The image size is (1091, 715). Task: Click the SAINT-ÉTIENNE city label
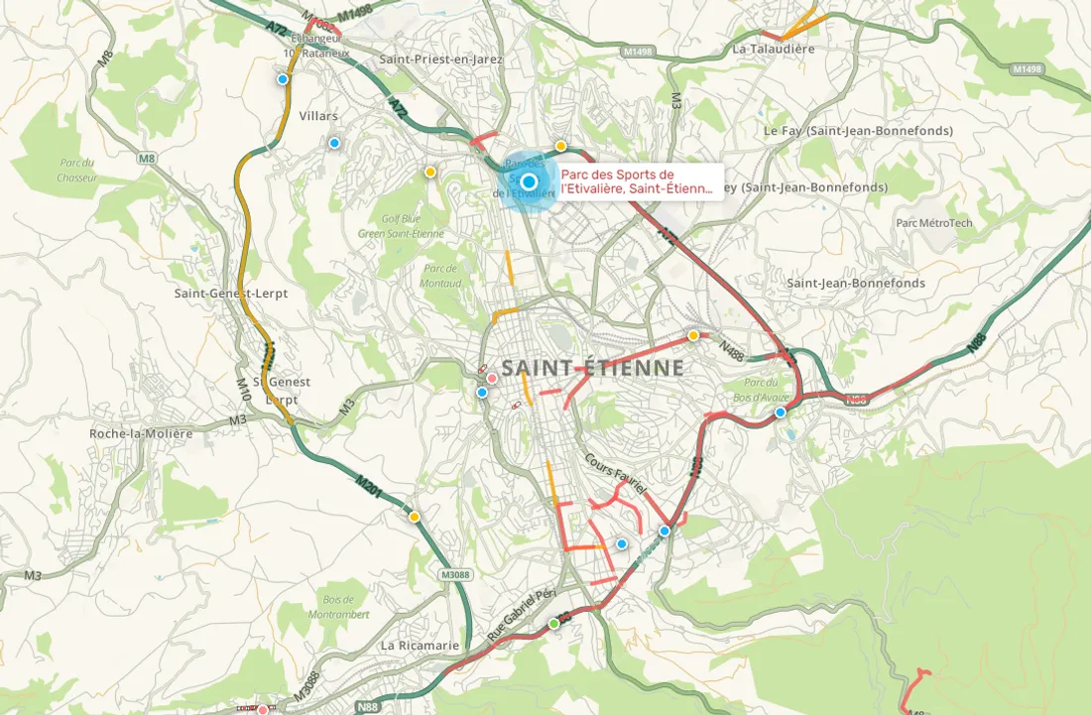[592, 368]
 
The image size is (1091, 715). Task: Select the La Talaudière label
[773, 48]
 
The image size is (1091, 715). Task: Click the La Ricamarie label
[420, 645]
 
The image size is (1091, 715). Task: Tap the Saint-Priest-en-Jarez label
[441, 60]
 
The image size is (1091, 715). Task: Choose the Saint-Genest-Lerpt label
[230, 294]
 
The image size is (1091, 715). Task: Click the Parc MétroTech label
[934, 223]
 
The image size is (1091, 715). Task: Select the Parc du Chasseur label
[75, 171]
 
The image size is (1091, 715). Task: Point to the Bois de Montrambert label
[346, 607]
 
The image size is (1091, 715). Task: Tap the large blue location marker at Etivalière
[529, 181]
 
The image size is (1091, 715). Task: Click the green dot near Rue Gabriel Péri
[554, 624]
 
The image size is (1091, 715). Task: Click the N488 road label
[732, 351]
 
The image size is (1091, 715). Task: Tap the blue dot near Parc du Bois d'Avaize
[781, 413]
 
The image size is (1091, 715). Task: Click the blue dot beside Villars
[334, 143]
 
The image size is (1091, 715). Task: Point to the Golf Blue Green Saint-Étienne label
[401, 226]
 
